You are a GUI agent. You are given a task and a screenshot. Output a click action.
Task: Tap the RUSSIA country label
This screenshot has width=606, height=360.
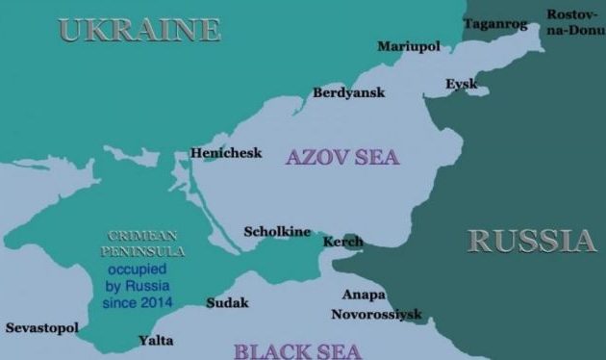(532, 241)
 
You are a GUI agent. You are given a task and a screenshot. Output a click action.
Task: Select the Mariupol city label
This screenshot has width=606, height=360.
(408, 46)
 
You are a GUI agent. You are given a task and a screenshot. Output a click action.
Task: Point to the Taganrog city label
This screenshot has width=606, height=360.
(495, 23)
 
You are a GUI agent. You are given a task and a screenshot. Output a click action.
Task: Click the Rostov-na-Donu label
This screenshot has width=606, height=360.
(575, 23)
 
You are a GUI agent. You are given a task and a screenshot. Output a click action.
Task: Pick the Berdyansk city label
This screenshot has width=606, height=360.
(349, 93)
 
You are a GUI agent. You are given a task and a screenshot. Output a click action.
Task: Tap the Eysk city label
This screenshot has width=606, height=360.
(461, 85)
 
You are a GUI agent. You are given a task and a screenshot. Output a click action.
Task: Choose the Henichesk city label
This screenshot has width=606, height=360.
(226, 152)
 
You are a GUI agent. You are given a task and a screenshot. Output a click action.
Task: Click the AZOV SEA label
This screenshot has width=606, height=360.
(341, 157)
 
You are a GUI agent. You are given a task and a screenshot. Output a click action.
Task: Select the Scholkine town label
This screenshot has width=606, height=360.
(277, 232)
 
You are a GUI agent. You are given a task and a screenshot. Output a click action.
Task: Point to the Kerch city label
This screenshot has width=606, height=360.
(341, 241)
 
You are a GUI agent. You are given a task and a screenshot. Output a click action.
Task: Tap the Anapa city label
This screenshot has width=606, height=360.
(364, 295)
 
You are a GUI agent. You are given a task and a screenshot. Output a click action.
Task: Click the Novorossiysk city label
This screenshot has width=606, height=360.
(376, 314)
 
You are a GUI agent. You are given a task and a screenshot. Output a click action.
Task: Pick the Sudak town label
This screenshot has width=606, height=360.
(227, 303)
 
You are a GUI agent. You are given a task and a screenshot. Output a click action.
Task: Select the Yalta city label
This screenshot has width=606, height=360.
(156, 340)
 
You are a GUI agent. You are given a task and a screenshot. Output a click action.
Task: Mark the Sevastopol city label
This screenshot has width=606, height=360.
(41, 328)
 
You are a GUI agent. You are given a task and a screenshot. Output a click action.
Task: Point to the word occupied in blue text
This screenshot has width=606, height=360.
(139, 270)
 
